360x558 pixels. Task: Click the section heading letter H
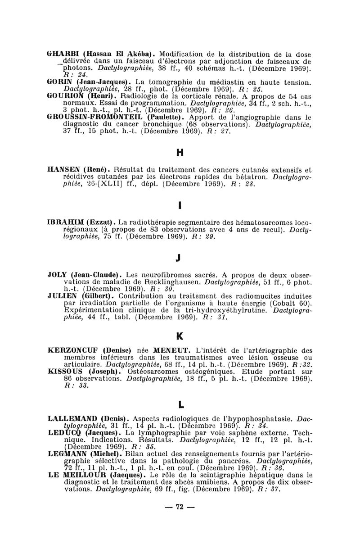[x=180, y=152]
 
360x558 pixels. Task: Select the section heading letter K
[x=180, y=336]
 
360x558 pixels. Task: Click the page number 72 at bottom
[x=180, y=507]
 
